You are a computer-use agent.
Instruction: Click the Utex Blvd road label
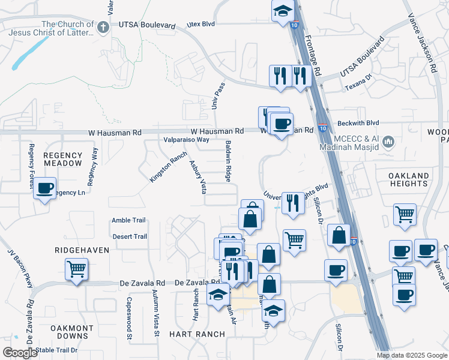(200, 24)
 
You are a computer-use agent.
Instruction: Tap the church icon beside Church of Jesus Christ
(103, 26)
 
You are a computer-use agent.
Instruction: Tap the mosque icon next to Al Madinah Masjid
(388, 142)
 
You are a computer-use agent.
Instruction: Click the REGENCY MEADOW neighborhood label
(62, 159)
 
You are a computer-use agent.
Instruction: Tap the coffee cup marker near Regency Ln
(44, 188)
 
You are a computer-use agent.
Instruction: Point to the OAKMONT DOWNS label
(71, 332)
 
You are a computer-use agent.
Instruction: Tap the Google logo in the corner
(20, 353)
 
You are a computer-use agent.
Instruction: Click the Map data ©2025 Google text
(412, 355)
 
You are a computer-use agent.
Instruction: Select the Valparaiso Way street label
(187, 139)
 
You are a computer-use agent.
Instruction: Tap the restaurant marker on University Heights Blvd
(292, 202)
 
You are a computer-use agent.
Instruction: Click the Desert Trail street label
(130, 236)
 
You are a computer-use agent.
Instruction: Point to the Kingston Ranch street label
(169, 167)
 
